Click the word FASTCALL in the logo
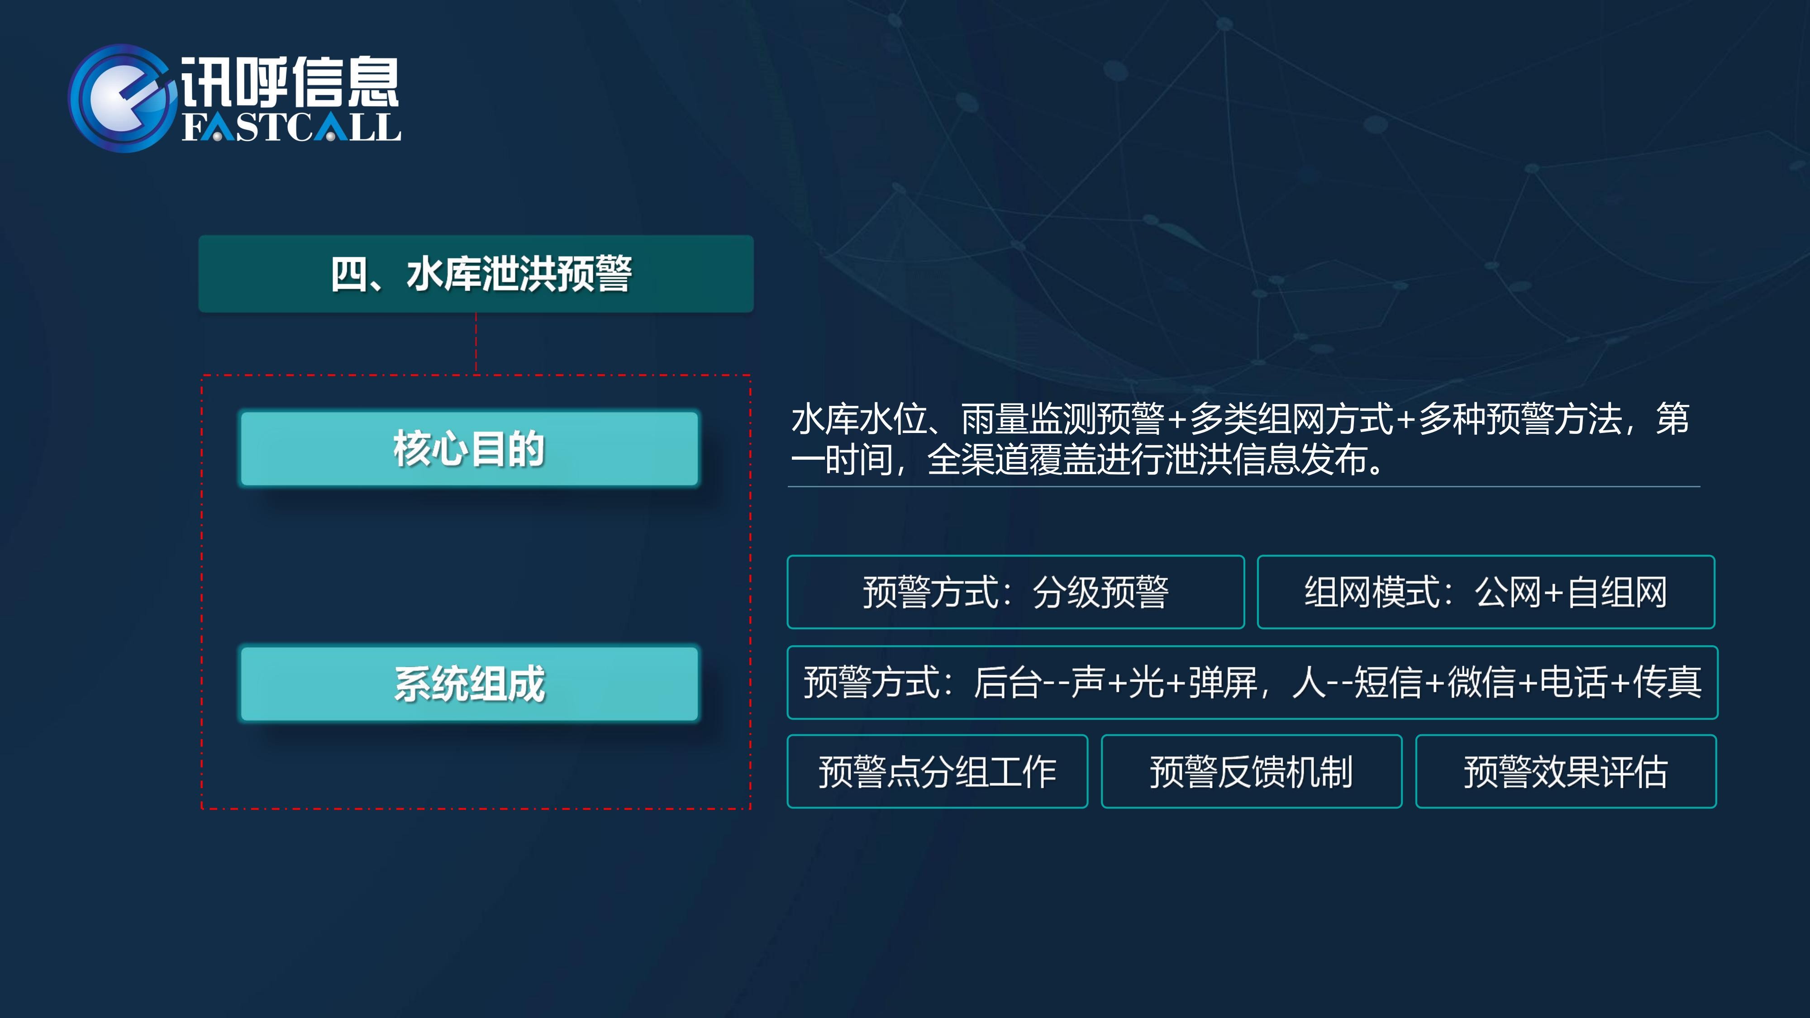(291, 128)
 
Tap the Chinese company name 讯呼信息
(290, 82)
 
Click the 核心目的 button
(469, 449)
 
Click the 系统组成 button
(469, 684)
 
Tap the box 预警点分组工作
(937, 771)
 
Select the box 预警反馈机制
(1252, 771)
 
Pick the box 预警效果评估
(1566, 771)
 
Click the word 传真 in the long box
(1667, 682)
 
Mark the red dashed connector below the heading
(476, 343)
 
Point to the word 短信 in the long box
(1388, 682)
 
